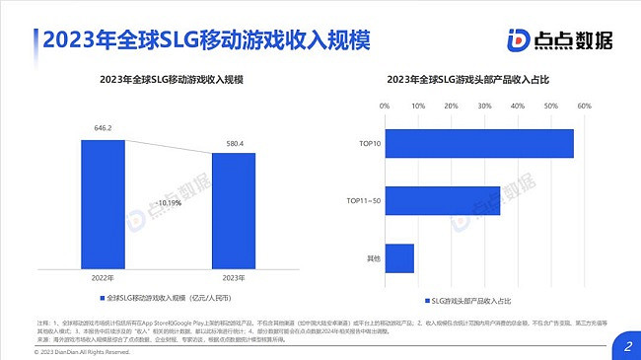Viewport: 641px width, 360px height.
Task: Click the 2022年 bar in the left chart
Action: (103, 202)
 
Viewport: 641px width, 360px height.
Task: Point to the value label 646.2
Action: (103, 128)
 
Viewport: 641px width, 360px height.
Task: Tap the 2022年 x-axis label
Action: (103, 277)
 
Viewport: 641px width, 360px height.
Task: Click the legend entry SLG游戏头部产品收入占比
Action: (473, 298)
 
